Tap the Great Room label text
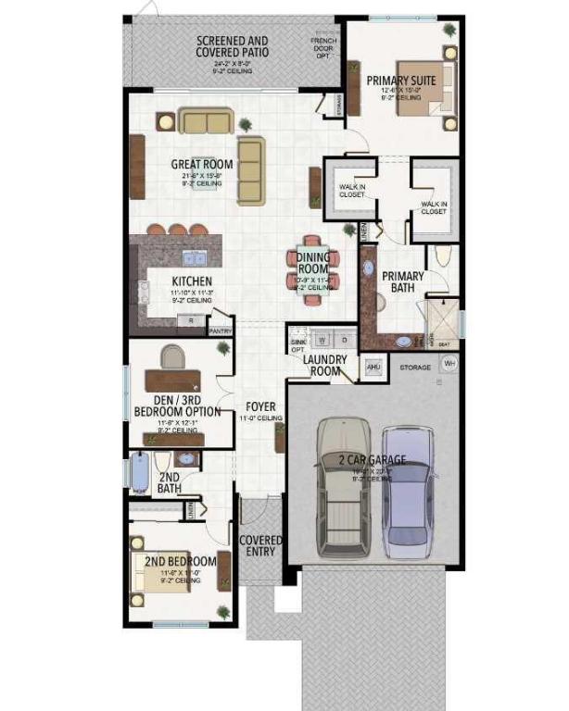tap(201, 165)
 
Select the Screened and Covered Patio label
tap(232, 46)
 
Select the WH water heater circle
tap(450, 364)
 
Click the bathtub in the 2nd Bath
tap(139, 473)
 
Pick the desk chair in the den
tap(172, 356)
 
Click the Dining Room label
tap(313, 263)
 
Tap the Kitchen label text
tap(193, 281)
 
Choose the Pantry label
tap(221, 331)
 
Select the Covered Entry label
tap(260, 546)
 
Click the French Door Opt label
tap(323, 47)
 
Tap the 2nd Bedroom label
tap(180, 561)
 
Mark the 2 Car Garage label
tap(371, 460)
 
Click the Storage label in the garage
tap(414, 368)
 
